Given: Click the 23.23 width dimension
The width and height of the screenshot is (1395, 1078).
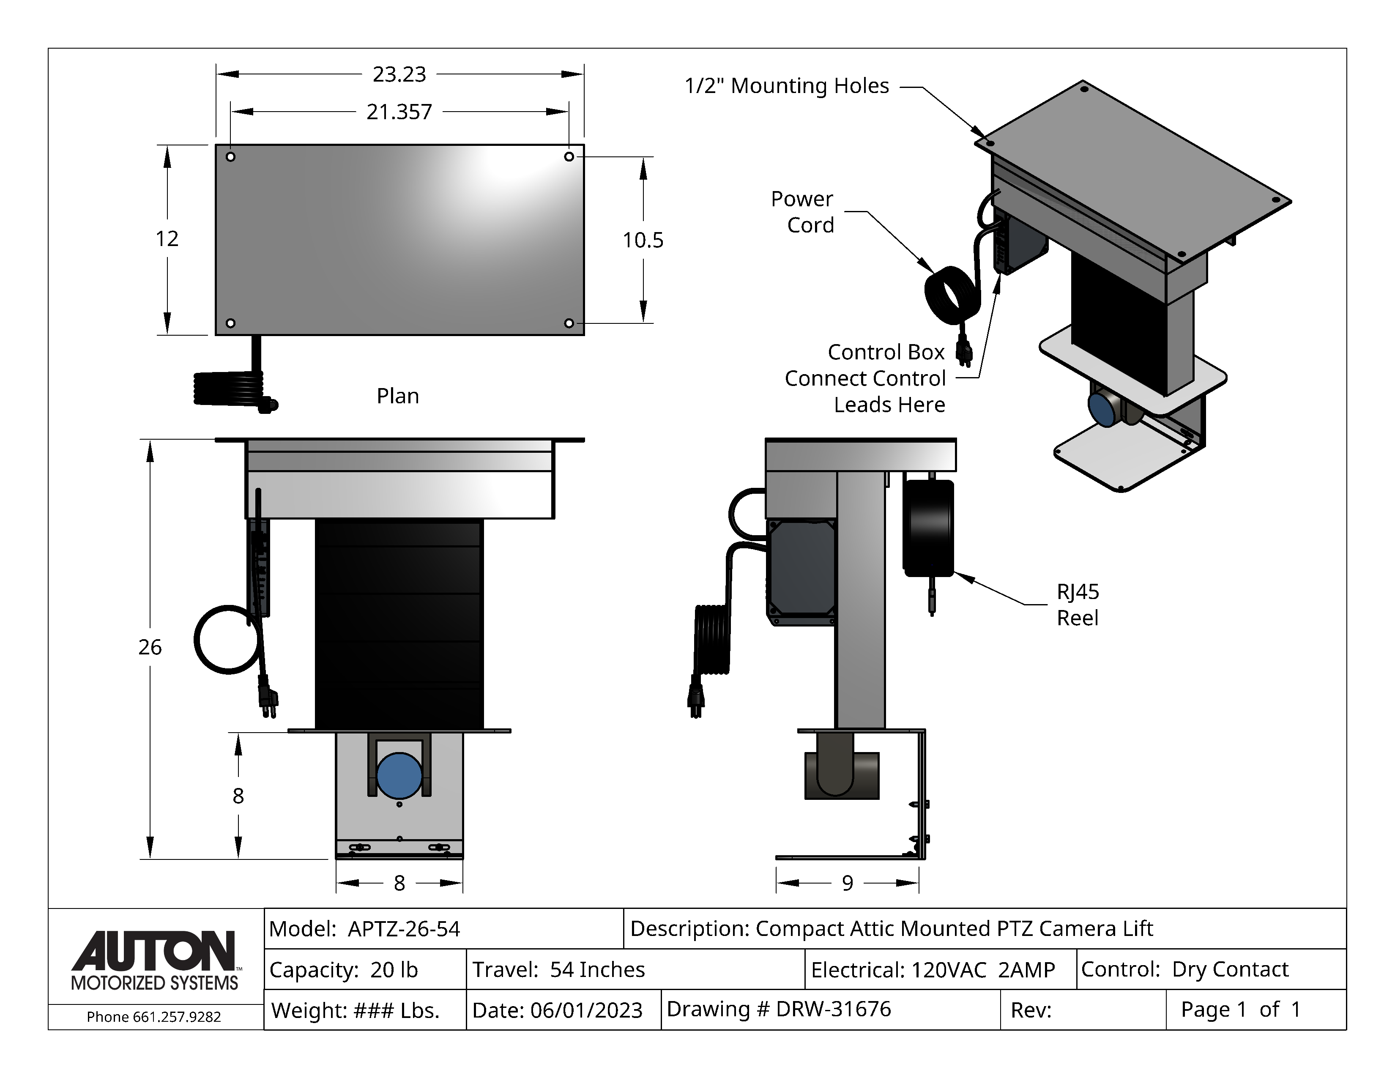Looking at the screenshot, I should pos(399,75).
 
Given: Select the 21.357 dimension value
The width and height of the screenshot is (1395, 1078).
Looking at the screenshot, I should pos(399,112).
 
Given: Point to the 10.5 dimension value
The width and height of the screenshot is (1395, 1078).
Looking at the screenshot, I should pos(643,240).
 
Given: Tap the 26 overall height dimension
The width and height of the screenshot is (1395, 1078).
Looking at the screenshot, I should pos(150,647).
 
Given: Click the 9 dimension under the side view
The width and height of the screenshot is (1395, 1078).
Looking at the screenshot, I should pos(847,883).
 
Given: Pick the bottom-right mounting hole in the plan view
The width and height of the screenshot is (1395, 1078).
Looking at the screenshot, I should pos(569,323).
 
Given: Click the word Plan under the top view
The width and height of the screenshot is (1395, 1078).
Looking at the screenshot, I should pos(397,396).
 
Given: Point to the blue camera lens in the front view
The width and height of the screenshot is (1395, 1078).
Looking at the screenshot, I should pos(399,774).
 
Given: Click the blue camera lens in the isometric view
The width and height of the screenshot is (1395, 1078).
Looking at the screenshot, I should pos(1101,409).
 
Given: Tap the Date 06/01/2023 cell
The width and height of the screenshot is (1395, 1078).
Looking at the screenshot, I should pos(563,1010).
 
